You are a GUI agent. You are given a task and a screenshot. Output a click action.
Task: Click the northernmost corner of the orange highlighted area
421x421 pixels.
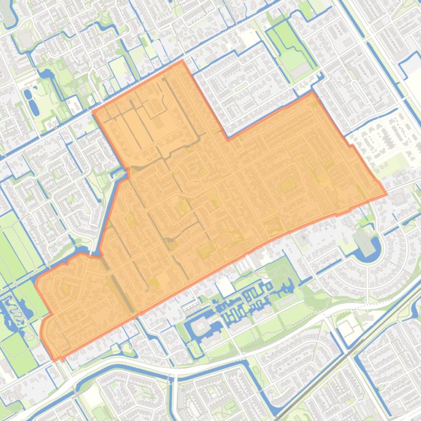tap(182, 61)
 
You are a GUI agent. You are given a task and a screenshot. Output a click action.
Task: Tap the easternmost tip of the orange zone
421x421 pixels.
tap(387, 194)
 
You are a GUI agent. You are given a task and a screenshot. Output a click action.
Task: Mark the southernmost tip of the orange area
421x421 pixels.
tap(57, 360)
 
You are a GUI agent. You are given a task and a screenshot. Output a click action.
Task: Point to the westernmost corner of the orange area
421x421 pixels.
tap(36, 281)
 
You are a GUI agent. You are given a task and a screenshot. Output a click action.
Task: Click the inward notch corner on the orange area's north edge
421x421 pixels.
tap(227, 139)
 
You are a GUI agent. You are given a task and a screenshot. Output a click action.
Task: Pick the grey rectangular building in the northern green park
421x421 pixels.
tap(299, 71)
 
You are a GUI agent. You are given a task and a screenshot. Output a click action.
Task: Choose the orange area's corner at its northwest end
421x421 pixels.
tap(94, 112)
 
